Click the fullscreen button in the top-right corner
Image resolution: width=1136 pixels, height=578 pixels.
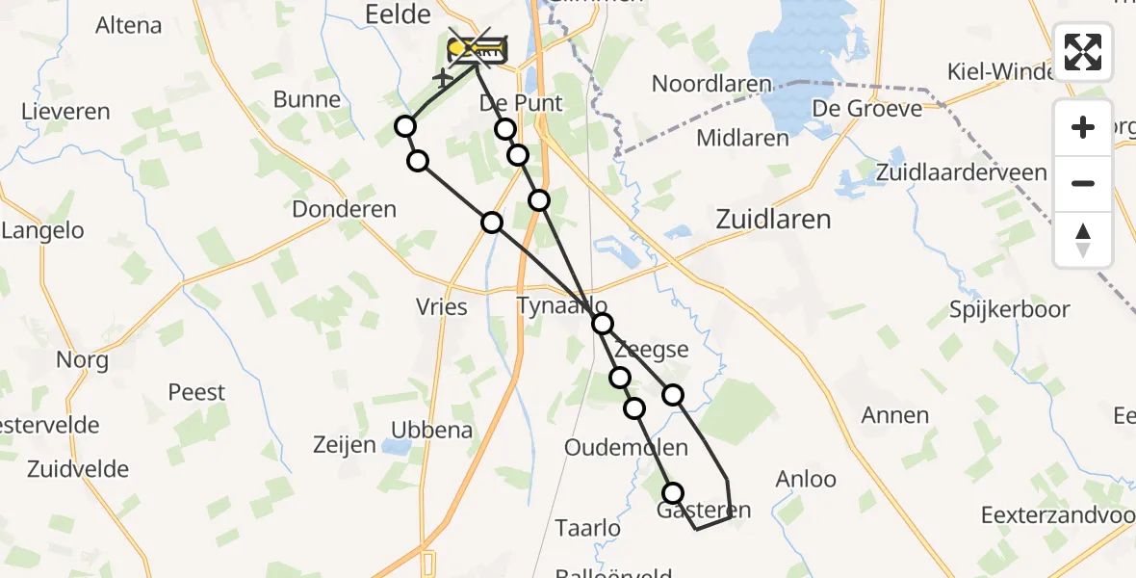[1083, 51]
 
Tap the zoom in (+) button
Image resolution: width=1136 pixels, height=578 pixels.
[1083, 128]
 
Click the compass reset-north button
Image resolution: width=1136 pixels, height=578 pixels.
[1083, 239]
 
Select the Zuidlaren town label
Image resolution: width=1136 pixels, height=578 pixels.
[773, 220]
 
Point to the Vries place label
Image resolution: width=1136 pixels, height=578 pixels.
[442, 307]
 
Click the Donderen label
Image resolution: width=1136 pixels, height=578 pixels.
[344, 209]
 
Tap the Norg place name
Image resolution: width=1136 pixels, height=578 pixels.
[82, 361]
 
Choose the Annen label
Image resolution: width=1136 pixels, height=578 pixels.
[895, 415]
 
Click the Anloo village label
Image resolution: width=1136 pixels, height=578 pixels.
[806, 479]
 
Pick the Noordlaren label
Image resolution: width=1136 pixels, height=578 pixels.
[712, 84]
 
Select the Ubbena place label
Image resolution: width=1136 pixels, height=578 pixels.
[432, 430]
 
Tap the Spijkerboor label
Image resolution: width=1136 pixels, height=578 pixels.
[1009, 310]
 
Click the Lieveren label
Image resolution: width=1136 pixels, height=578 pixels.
[66, 112]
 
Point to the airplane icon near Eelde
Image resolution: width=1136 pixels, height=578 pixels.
[442, 76]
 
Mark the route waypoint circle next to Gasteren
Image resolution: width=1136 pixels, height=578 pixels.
[672, 493]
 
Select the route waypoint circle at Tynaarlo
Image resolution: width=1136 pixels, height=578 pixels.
[602, 324]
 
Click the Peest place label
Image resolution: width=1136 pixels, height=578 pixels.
[196, 392]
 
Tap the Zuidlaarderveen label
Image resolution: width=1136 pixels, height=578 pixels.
[962, 172]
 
